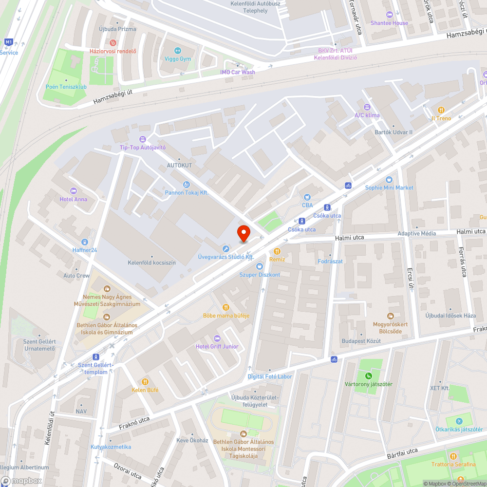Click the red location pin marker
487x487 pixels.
pos(243,233)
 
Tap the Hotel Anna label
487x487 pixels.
pos(74,199)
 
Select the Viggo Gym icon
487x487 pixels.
pos(178,50)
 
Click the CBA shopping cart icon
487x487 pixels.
pos(307,197)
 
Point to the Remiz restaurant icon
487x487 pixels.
pos(277,251)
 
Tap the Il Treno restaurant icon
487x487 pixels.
pos(441,110)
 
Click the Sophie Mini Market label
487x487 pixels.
pos(389,187)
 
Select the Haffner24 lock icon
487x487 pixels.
pos(85,242)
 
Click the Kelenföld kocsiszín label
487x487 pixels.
pos(151,262)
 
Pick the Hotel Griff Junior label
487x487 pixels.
pos(217,346)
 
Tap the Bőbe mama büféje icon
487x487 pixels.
pos(226,307)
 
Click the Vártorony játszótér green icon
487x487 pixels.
pos(369,375)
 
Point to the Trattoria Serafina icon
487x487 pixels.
pos(453,456)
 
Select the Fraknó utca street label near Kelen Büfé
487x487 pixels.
pos(134,423)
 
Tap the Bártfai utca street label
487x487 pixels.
pos(402,453)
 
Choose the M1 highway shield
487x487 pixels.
pos(8,42)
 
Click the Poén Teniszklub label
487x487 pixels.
pos(66,87)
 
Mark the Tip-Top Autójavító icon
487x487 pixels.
pos(143,139)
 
